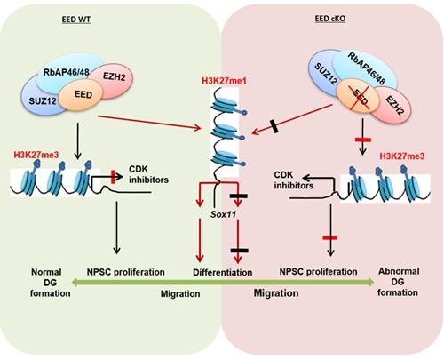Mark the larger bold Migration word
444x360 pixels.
click(278, 292)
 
